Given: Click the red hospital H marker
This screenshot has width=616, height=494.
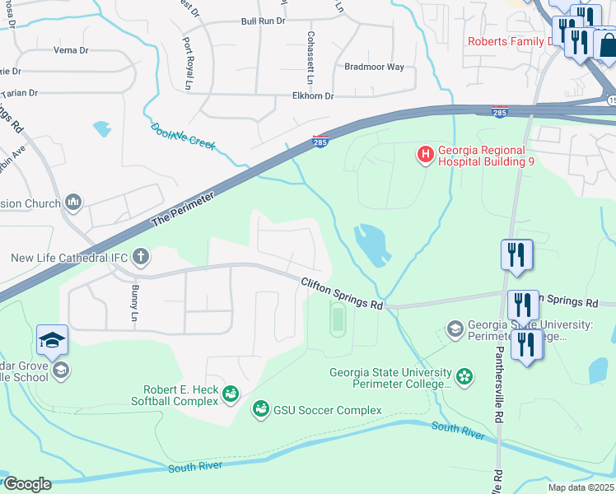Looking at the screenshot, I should coord(425,154).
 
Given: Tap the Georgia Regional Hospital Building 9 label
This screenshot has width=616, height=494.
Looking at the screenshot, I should coord(486,156).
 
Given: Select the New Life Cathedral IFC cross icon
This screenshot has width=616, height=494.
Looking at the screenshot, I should coord(141,257).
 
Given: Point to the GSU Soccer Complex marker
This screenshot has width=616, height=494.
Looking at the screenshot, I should coord(261,409).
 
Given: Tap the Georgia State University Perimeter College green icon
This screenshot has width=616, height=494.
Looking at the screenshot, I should coord(464,377).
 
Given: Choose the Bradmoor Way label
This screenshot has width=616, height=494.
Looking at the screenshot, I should coord(374,67).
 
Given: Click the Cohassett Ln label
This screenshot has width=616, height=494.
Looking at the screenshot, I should coord(310,58).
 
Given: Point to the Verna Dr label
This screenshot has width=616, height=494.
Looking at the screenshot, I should coord(71,50).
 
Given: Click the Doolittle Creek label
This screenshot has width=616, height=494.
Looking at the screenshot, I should coord(183,136).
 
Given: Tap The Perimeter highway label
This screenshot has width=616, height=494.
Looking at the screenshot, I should coord(183,210).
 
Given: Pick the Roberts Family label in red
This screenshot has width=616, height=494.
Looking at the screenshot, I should coord(511,41).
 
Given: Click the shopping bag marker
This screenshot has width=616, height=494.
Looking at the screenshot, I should coord(606,44).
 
